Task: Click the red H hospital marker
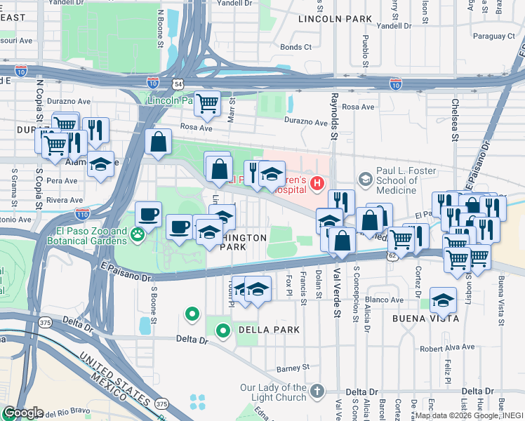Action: point(317,184)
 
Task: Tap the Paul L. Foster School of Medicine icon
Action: point(365,180)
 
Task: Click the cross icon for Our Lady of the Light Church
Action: point(317,389)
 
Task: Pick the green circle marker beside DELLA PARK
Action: point(223,329)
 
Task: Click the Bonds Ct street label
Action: point(295,48)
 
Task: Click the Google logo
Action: point(22,413)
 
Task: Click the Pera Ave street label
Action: point(62,181)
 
